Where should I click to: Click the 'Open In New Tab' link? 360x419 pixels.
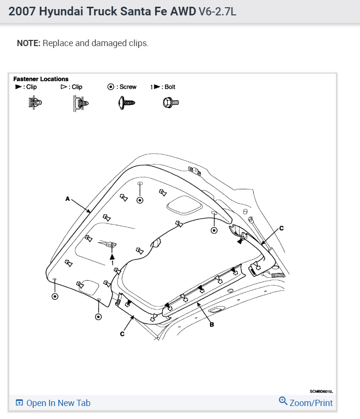tap(58, 403)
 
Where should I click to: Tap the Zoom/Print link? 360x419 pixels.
tap(310, 403)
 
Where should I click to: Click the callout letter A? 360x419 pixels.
tap(68, 198)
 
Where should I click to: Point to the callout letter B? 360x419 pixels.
tap(211, 324)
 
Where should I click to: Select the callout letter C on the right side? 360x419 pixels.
tap(281, 228)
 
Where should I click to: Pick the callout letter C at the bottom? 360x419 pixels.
tap(123, 333)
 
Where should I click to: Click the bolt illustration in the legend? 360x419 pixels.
tap(171, 102)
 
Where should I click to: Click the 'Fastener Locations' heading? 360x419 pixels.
tap(41, 79)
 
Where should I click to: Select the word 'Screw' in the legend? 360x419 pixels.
tap(128, 87)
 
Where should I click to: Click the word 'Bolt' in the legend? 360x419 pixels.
tap(170, 87)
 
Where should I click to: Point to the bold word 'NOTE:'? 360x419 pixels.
tap(29, 43)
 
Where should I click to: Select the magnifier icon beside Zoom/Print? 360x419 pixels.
tap(283, 401)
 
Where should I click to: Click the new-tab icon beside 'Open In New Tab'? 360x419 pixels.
tap(19, 403)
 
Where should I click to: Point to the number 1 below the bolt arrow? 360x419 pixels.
tap(112, 263)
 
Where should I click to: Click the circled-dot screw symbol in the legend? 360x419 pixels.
tap(111, 87)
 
